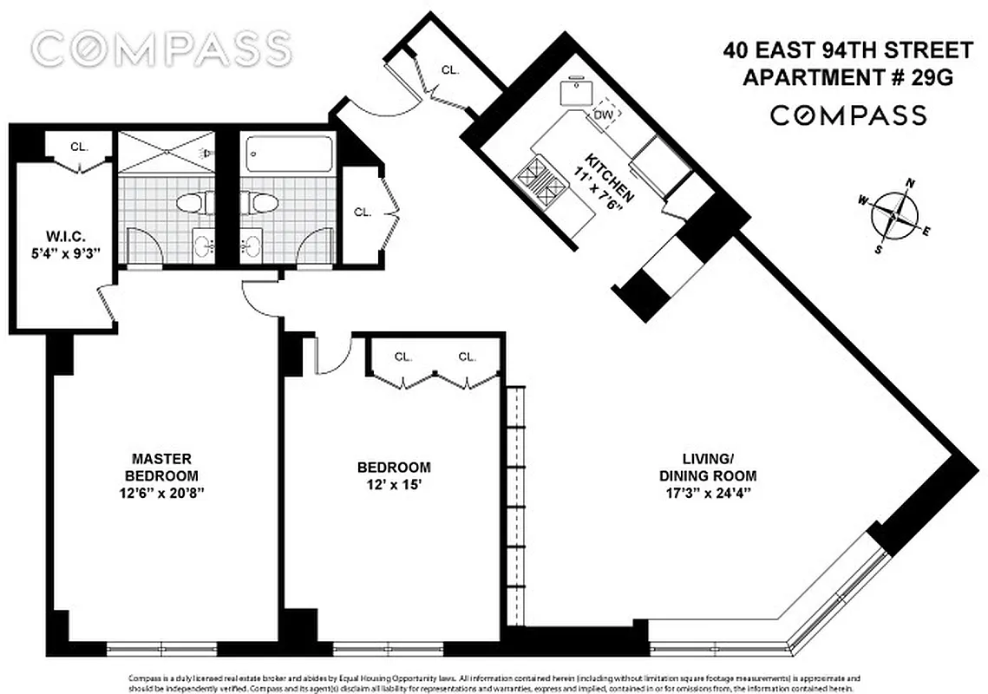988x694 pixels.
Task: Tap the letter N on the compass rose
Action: (911, 183)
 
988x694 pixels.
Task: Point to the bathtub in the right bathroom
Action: (286, 154)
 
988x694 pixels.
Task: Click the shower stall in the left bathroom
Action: (164, 152)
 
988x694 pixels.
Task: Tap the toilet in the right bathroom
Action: (258, 203)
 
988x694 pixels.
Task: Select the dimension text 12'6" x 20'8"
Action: (161, 492)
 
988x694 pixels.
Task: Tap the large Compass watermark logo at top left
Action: (161, 49)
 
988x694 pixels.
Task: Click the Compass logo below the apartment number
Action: (848, 115)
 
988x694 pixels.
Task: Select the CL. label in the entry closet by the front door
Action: (449, 69)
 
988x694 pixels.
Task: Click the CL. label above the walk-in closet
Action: (79, 147)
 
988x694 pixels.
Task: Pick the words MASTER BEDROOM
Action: (161, 467)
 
